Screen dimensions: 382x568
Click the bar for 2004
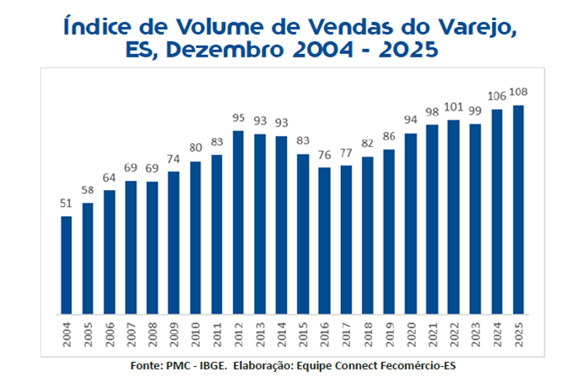[x=67, y=265]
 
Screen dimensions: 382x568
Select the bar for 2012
[x=239, y=222]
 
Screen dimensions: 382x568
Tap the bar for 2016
[x=325, y=240]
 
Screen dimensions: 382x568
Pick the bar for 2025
[x=518, y=210]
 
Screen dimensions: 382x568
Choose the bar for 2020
[x=411, y=223]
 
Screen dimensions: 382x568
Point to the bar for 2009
[x=174, y=243]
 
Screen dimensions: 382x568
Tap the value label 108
[x=518, y=91]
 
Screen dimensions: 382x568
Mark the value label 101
[x=453, y=107]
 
